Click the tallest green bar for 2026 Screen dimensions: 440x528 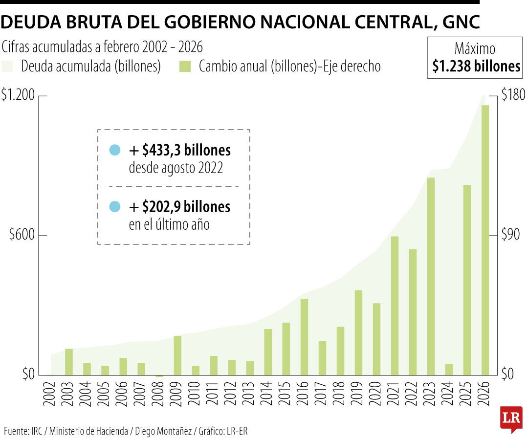[x=485, y=240]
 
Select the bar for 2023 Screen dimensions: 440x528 [x=431, y=276]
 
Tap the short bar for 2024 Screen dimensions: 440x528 [x=449, y=369]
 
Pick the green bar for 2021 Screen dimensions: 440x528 [x=395, y=306]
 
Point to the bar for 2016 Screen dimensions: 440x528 [x=304, y=337]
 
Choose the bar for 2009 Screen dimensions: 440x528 [x=177, y=355]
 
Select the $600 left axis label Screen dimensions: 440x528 [x=22, y=235]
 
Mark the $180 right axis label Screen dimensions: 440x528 [x=513, y=96]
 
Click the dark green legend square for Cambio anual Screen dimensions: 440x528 [x=185, y=66]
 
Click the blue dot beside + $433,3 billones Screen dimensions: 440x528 [x=114, y=150]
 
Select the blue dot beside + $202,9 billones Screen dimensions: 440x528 [x=114, y=207]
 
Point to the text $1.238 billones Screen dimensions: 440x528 [x=476, y=66]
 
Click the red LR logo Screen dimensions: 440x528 [x=511, y=418]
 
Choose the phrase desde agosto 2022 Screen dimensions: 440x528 [x=176, y=168]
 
